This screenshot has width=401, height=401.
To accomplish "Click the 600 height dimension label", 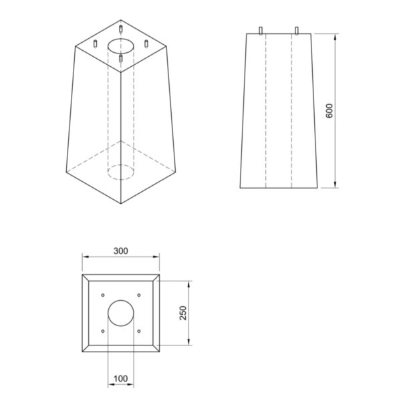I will click(x=329, y=110).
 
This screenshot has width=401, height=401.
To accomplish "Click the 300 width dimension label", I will click(x=120, y=251).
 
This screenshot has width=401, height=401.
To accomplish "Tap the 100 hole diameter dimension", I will click(x=120, y=379).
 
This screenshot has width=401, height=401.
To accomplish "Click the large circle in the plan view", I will click(x=120, y=313).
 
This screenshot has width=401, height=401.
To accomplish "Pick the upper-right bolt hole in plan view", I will click(x=138, y=295).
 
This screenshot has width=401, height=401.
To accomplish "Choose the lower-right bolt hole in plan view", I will click(x=138, y=331).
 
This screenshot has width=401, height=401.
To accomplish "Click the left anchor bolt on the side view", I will click(x=260, y=30).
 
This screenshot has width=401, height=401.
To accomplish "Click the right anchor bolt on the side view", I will click(x=296, y=30).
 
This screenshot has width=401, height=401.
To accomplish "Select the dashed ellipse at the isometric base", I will click(x=120, y=172).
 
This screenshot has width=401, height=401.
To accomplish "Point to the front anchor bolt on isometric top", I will click(x=120, y=59).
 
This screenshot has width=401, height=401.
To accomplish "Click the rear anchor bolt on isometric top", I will click(x=120, y=29).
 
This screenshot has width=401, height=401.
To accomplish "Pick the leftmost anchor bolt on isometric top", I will click(x=96, y=44).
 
